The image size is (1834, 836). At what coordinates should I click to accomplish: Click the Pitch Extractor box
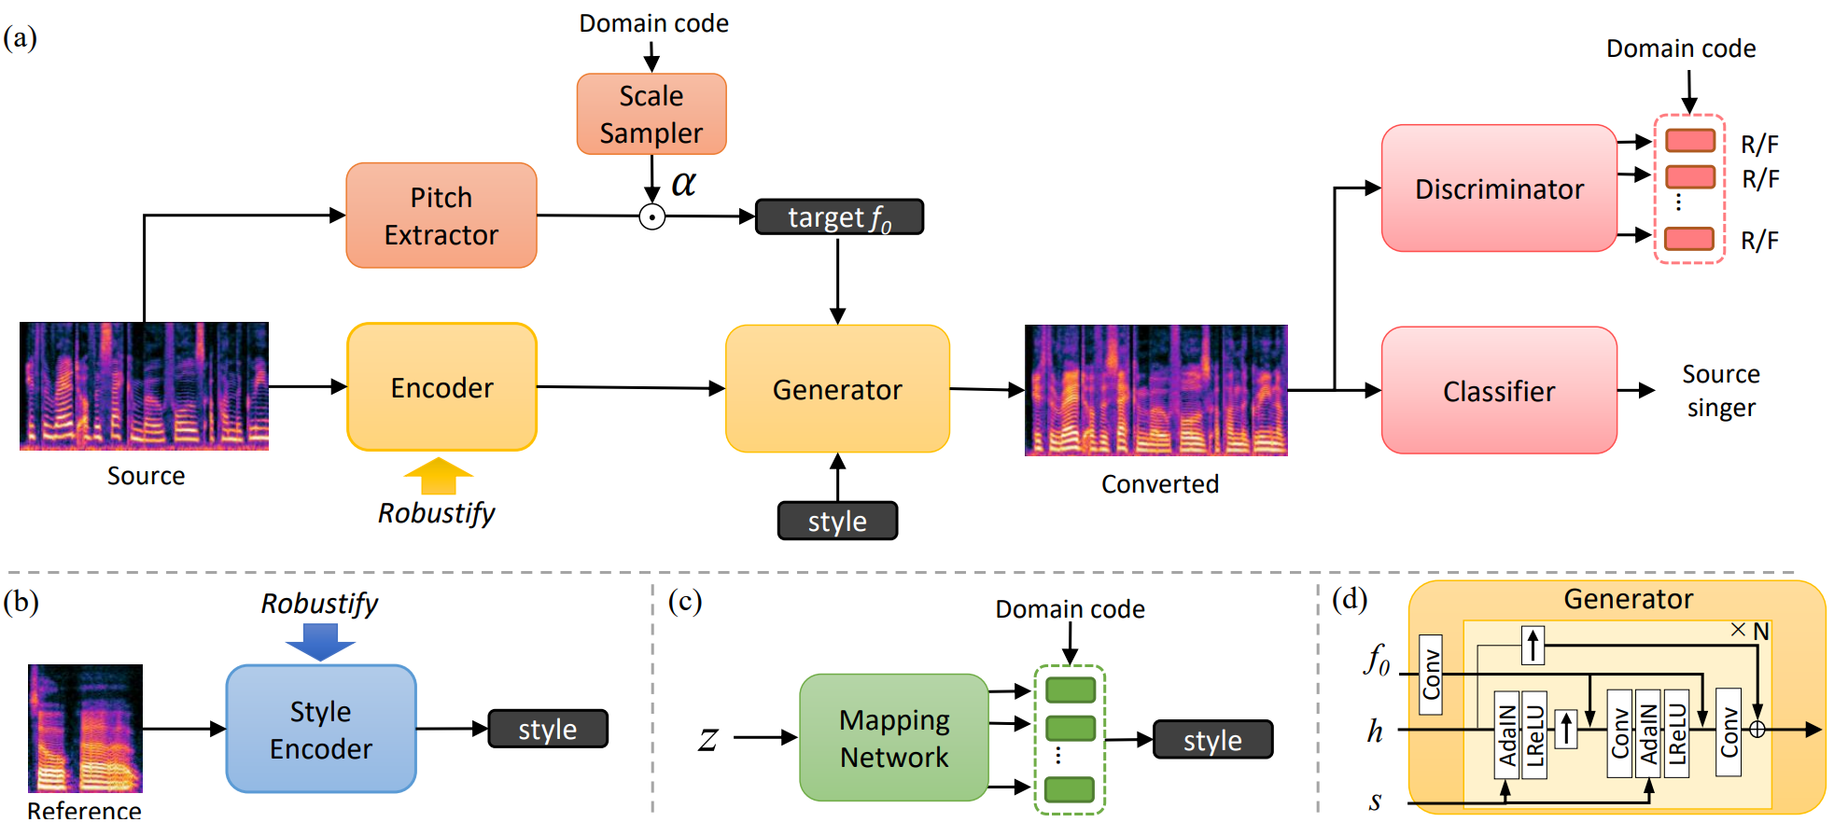coord(441,216)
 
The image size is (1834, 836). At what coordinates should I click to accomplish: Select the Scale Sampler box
coord(651,114)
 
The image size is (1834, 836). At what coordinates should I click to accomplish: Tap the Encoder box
coord(441,387)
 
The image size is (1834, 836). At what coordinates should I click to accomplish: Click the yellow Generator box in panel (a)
coord(837,389)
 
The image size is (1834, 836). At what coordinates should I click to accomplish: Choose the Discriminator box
coord(1499,188)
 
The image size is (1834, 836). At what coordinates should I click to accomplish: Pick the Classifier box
coord(1499,391)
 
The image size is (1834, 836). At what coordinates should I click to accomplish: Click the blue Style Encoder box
coord(321,729)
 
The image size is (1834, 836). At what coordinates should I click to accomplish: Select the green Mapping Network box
coord(894,738)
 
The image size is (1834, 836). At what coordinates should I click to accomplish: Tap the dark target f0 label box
coord(839,216)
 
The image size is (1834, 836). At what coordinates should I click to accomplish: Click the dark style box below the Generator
coord(837,521)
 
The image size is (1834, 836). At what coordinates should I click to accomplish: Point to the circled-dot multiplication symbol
coord(651,217)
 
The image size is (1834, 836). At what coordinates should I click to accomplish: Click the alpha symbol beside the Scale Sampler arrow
coord(684,183)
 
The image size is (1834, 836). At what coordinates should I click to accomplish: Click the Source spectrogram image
coord(144,386)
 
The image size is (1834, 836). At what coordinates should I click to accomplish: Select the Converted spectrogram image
coord(1155,390)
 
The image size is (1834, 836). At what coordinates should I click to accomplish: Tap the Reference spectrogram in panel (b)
coord(85,729)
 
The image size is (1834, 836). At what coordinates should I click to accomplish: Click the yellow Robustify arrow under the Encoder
coord(438,476)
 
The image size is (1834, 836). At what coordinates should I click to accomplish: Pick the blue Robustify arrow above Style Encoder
coord(320,642)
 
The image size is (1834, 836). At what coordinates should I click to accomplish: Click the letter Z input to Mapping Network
coord(708,740)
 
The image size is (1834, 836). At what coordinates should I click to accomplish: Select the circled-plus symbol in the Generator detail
coord(1757,730)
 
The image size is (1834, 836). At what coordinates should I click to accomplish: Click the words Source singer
coord(1721,391)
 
